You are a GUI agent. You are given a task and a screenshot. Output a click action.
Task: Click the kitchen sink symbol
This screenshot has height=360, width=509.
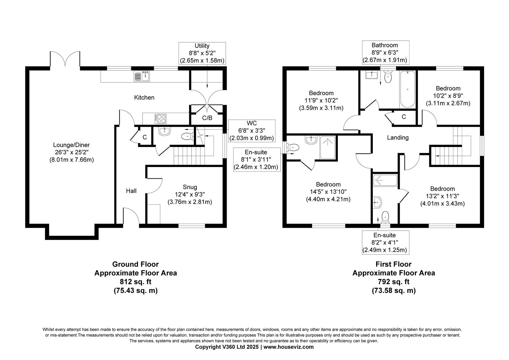tap(142, 76)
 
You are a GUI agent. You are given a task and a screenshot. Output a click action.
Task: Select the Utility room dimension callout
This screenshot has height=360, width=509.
tap(202, 53)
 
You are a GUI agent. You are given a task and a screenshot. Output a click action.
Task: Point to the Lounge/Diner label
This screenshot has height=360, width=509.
tap(71, 152)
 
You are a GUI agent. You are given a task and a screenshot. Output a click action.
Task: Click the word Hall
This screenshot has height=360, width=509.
tap(131, 191)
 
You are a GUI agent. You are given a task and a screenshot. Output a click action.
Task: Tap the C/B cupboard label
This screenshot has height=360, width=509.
tap(207, 118)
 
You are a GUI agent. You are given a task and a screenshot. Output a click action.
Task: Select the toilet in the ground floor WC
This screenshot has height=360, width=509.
tap(188, 136)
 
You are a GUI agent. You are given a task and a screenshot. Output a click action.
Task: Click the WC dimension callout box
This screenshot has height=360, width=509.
tap(252, 130)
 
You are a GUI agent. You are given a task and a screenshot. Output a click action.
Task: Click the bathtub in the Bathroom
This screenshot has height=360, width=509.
tap(407, 89)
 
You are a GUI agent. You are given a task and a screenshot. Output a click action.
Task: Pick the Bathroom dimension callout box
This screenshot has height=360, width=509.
tap(385, 53)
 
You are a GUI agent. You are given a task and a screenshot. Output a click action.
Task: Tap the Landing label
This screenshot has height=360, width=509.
tap(398, 137)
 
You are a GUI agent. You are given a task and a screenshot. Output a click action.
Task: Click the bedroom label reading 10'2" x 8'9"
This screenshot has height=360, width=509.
tap(448, 96)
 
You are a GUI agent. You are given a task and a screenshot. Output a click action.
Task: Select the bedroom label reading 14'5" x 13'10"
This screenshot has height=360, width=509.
tap(328, 192)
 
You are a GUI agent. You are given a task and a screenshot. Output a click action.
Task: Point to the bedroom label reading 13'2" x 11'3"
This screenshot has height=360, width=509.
tap(442, 196)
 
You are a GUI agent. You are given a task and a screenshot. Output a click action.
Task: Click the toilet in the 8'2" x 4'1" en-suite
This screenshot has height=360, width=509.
tap(385, 217)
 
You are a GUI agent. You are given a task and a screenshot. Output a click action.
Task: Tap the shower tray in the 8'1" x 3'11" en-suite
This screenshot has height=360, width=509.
tap(328, 147)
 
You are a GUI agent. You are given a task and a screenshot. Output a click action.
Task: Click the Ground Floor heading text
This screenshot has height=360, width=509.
tap(135, 264)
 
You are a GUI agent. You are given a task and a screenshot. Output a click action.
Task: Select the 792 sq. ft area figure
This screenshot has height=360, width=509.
tap(393, 282)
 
